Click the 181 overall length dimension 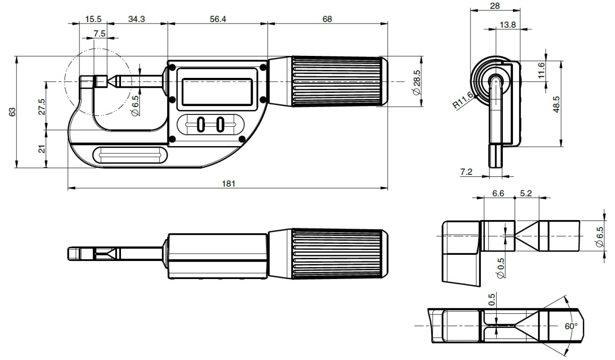pos(228,184)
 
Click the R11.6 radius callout pos(462,101)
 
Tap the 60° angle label pos(571,326)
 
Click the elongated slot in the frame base pos(130,155)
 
